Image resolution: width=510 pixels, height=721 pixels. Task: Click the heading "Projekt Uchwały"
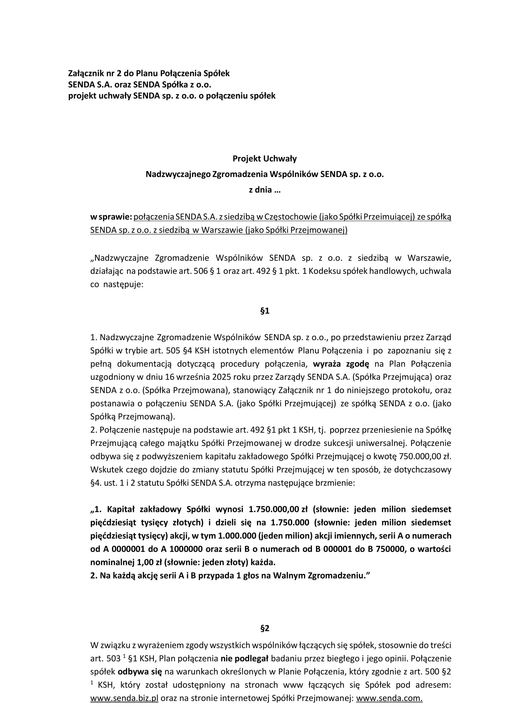click(x=265, y=159)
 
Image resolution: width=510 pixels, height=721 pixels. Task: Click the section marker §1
click(x=265, y=311)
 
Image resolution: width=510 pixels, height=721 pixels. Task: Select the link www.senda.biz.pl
click(x=124, y=672)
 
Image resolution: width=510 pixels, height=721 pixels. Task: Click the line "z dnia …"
click(x=265, y=190)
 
